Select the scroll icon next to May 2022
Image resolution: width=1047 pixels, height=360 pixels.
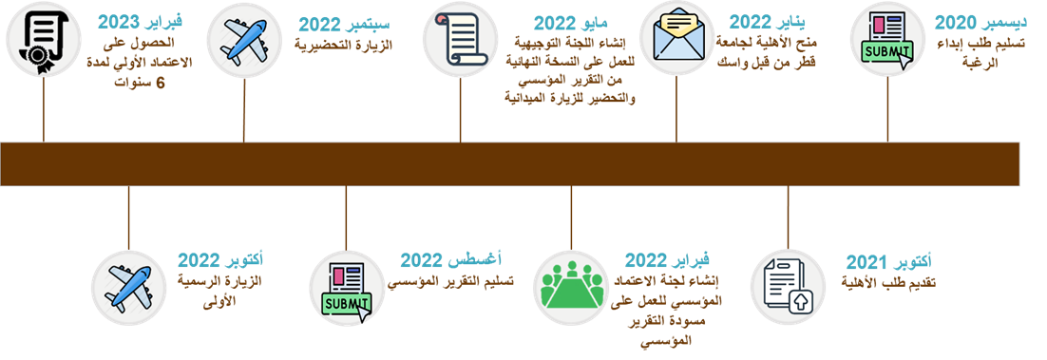(x=460, y=41)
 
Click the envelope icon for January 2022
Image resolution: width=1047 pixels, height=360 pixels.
(x=677, y=38)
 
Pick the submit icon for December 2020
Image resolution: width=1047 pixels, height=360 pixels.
(x=886, y=40)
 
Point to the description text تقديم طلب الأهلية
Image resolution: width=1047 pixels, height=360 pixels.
(x=891, y=282)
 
